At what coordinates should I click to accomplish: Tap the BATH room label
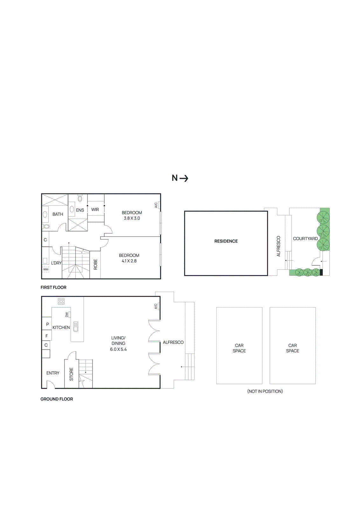[58, 214]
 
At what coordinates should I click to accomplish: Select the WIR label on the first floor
[95, 210]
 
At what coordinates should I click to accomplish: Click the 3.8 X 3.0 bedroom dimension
[132, 218]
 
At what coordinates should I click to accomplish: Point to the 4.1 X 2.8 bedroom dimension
[129, 261]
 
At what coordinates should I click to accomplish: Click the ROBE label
[95, 264]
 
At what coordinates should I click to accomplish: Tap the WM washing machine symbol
[46, 269]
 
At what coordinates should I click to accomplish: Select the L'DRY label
[56, 263]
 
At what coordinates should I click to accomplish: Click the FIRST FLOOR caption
[53, 287]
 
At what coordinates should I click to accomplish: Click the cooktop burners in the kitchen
[61, 301]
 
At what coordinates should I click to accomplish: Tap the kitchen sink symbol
[76, 327]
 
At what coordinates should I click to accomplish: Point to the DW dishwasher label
[67, 314]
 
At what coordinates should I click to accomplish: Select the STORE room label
[71, 374]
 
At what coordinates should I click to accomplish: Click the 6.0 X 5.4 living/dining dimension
[118, 349]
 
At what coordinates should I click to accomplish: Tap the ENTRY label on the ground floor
[53, 373]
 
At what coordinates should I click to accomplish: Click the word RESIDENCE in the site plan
[226, 241]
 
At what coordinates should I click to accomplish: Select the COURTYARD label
[305, 239]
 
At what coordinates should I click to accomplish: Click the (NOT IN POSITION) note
[265, 391]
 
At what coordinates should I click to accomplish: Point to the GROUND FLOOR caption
[57, 399]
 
